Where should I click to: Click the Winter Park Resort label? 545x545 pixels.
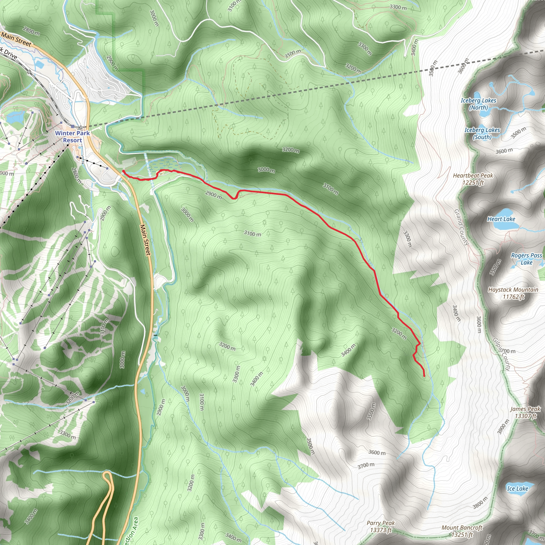[72, 137]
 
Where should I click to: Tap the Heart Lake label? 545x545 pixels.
[501, 219]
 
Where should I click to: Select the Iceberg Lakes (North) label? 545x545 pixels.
[478, 104]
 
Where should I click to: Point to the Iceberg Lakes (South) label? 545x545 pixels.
[482, 133]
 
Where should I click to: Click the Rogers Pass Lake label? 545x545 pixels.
[526, 259]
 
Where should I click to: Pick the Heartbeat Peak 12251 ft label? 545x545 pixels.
[473, 179]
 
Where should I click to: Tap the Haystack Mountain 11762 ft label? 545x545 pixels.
[513, 293]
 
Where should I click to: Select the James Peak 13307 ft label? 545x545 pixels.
[525, 412]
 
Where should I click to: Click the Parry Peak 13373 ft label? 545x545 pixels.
[381, 526]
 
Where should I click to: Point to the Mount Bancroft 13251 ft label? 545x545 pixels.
[462, 531]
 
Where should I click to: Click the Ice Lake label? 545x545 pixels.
[517, 489]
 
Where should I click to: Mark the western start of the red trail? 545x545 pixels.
[123, 171]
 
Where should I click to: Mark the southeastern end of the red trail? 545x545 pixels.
[424, 376]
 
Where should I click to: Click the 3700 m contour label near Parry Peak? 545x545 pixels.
[366, 466]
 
